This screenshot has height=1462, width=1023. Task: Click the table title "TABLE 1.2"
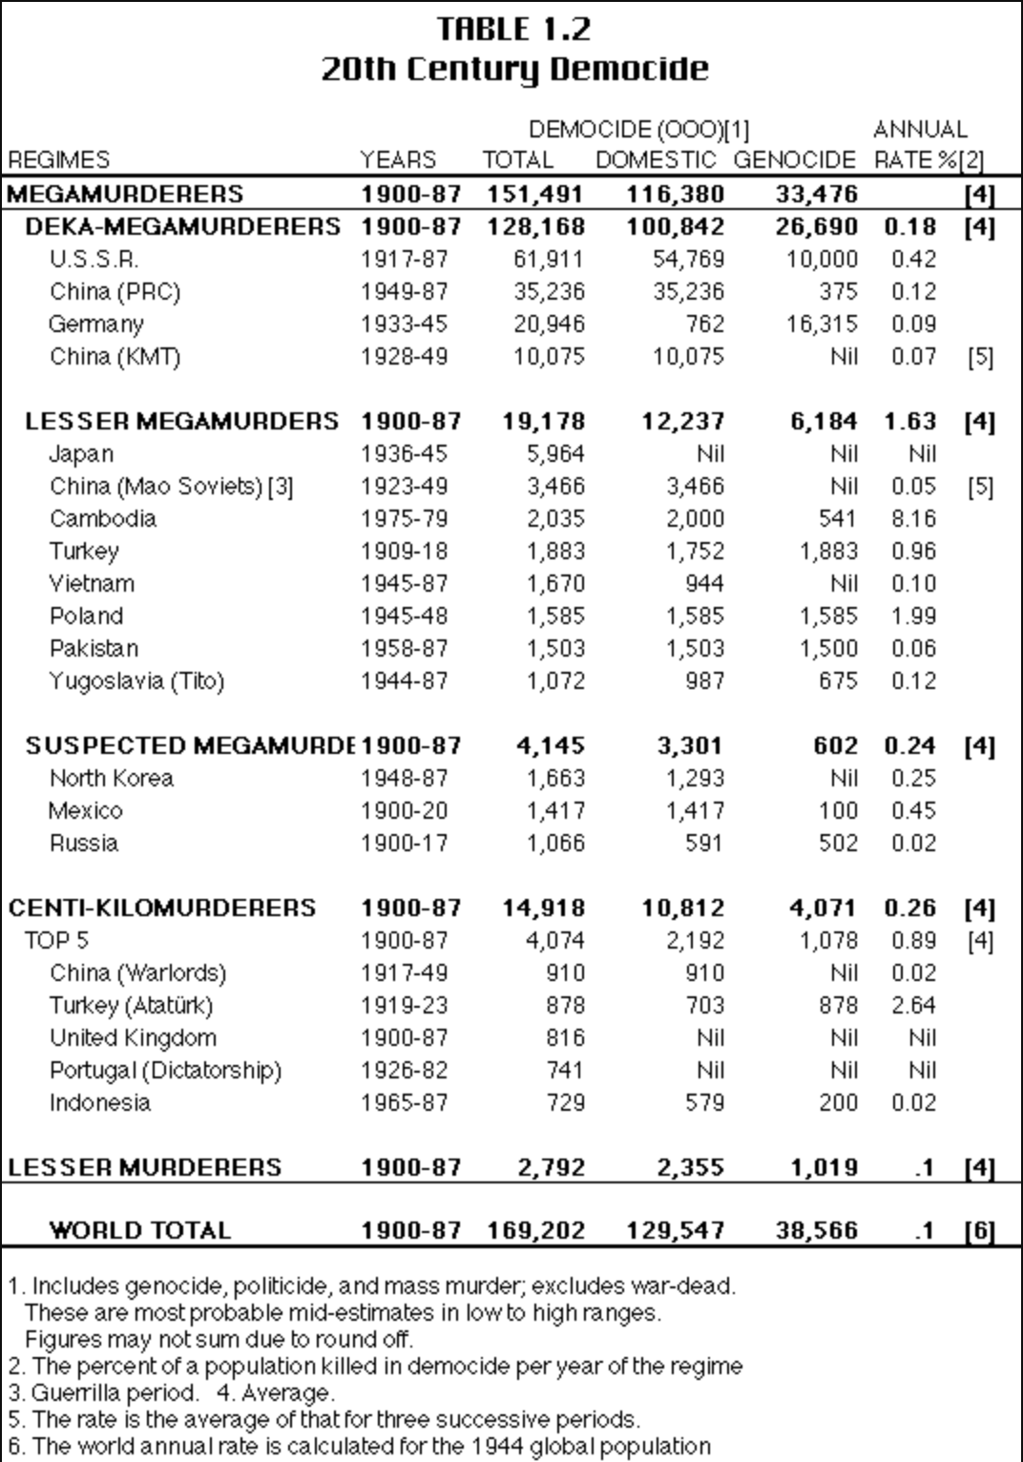pyautogui.click(x=513, y=30)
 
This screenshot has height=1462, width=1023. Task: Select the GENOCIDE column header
pyautogui.click(x=794, y=160)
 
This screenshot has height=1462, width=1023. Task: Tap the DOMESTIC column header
pyautogui.click(x=655, y=160)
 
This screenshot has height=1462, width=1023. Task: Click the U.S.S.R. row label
pyautogui.click(x=94, y=260)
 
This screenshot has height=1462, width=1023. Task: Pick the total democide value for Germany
pyautogui.click(x=549, y=324)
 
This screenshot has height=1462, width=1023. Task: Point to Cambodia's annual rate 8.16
pyautogui.click(x=913, y=519)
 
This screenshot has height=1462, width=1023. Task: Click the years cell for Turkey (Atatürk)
pyautogui.click(x=404, y=1006)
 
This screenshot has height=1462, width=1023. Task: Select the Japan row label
pyautogui.click(x=81, y=454)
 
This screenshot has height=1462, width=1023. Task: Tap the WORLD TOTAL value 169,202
pyautogui.click(x=535, y=1231)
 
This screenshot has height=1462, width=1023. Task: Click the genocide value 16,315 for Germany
pyautogui.click(x=822, y=324)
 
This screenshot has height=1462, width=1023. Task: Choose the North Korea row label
pyautogui.click(x=112, y=779)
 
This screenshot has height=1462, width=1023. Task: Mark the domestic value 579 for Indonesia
pyautogui.click(x=704, y=1103)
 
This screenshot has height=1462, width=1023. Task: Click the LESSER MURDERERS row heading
pyautogui.click(x=145, y=1168)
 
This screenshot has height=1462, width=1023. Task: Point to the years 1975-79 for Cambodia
pyautogui.click(x=404, y=519)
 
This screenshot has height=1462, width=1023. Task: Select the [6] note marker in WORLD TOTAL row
pyautogui.click(x=980, y=1231)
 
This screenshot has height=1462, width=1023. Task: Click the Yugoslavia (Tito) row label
pyautogui.click(x=136, y=681)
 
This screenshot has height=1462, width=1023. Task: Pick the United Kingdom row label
pyautogui.click(x=133, y=1038)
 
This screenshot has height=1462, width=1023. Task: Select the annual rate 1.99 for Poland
pyautogui.click(x=913, y=616)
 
